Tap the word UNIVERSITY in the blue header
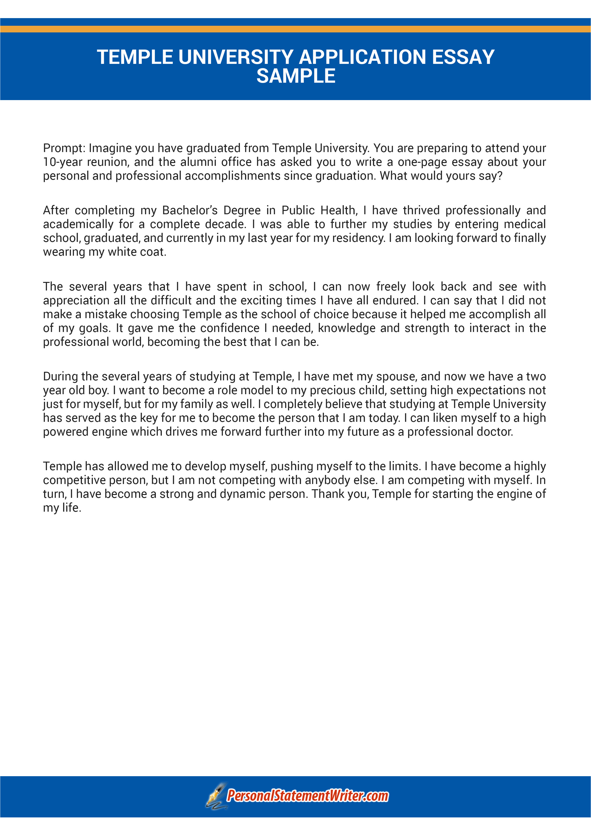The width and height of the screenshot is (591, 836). tap(236, 57)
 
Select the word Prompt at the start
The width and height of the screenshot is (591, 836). tap(64, 148)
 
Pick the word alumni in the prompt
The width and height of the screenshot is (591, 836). tap(198, 162)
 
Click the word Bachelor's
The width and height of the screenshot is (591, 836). tap(190, 210)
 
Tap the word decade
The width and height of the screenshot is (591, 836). tap(226, 224)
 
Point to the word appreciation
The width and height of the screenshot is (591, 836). tap(76, 301)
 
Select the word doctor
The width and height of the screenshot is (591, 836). tap(494, 432)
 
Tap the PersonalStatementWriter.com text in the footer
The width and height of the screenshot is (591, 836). tap(307, 796)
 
